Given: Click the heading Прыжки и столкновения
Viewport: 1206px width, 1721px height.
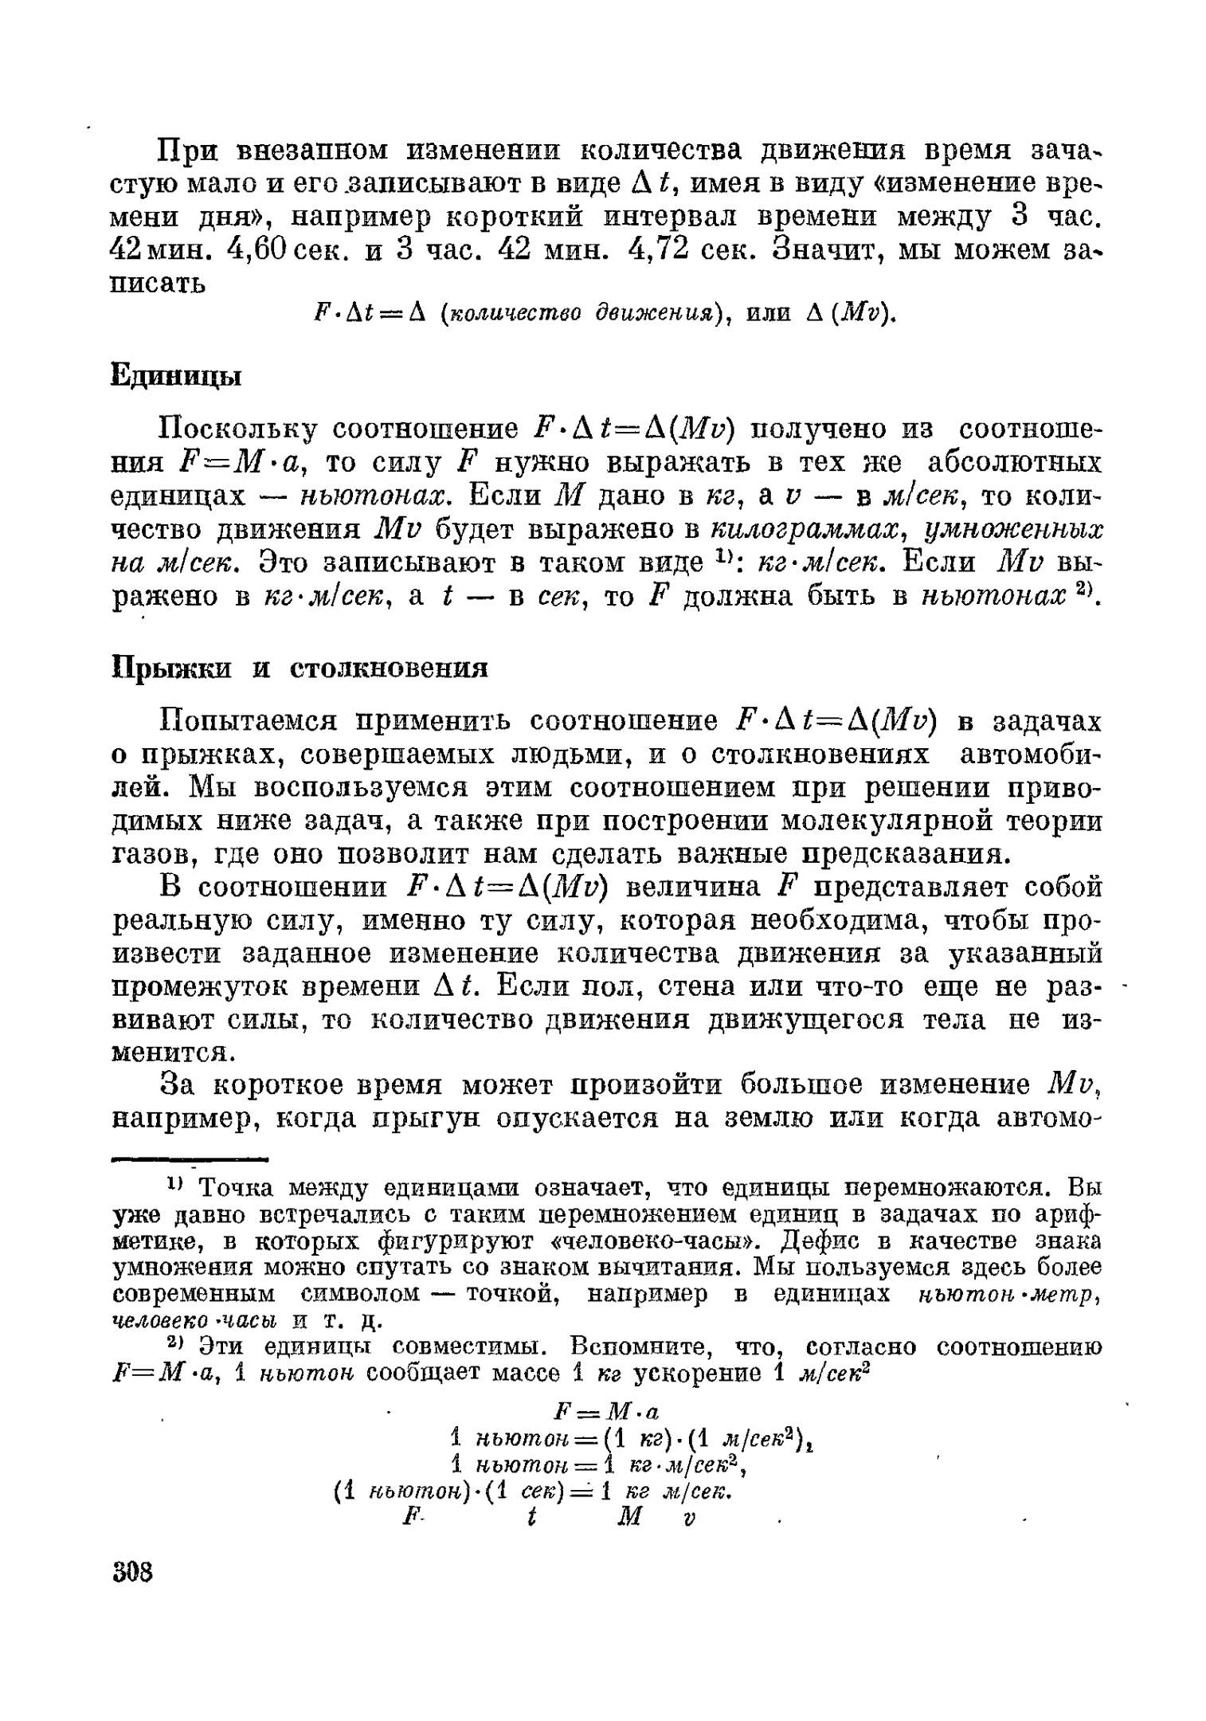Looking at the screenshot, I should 299,666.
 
